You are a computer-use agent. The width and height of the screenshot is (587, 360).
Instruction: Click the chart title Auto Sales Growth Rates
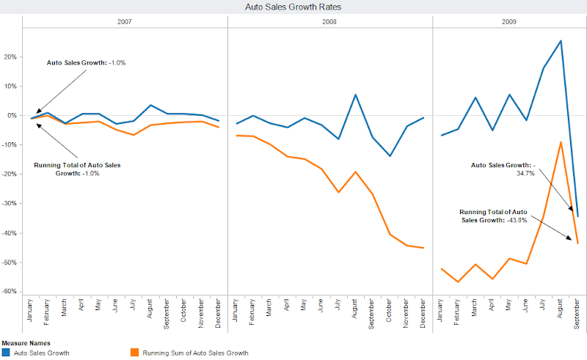pos(293,7)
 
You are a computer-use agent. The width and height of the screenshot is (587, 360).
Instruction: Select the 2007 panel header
pos(125,22)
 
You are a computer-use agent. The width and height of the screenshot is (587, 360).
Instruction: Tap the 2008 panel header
pos(330,22)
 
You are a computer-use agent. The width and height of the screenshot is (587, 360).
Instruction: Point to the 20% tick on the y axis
pos(11,56)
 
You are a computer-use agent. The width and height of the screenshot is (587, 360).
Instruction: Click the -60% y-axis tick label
pos(10,292)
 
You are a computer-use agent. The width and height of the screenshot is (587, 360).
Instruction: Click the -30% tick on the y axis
pos(10,204)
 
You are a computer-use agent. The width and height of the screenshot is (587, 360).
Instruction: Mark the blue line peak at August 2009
pos(561,41)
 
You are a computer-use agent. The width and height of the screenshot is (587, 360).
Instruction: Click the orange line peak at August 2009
pos(561,142)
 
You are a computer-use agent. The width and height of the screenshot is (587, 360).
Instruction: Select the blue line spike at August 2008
pos(355,95)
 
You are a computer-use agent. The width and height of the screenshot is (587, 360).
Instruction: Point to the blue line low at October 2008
pos(390,156)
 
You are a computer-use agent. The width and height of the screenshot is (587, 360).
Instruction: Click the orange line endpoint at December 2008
pos(423,248)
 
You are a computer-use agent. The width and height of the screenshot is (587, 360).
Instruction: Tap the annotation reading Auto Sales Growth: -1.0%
pos(87,63)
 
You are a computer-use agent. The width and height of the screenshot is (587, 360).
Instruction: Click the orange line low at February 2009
pos(458,282)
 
